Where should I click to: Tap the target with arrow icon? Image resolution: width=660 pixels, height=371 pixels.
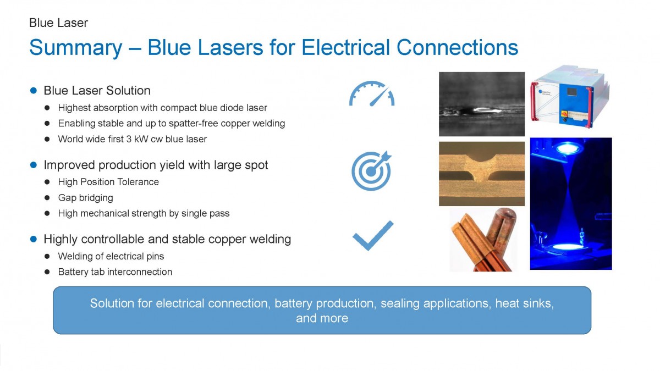tap(371, 171)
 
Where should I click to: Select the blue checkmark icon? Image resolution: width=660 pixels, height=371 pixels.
tap(373, 236)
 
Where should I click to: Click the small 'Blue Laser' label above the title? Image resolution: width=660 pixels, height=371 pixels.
tap(58, 23)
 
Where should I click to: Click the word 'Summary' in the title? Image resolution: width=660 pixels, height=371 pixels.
tap(76, 48)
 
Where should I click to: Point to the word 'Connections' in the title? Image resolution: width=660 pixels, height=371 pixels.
tap(457, 47)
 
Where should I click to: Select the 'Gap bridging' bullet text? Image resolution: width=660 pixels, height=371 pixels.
tap(85, 198)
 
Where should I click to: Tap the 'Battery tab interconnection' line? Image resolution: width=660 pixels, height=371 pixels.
tap(115, 272)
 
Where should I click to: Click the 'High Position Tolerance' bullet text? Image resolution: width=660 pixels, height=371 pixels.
tap(108, 182)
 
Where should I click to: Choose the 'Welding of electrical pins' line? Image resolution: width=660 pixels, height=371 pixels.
tap(111, 256)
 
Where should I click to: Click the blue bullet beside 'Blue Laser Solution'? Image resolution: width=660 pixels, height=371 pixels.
tap(34, 90)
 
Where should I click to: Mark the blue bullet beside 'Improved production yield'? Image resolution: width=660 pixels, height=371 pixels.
tap(34, 165)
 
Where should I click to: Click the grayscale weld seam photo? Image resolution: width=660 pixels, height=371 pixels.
tap(482, 104)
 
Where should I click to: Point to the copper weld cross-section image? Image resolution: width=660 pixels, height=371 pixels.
tap(482, 174)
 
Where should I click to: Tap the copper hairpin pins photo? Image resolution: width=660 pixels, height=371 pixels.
tap(484, 239)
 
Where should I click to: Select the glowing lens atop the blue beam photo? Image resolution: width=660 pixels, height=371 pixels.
tap(566, 147)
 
